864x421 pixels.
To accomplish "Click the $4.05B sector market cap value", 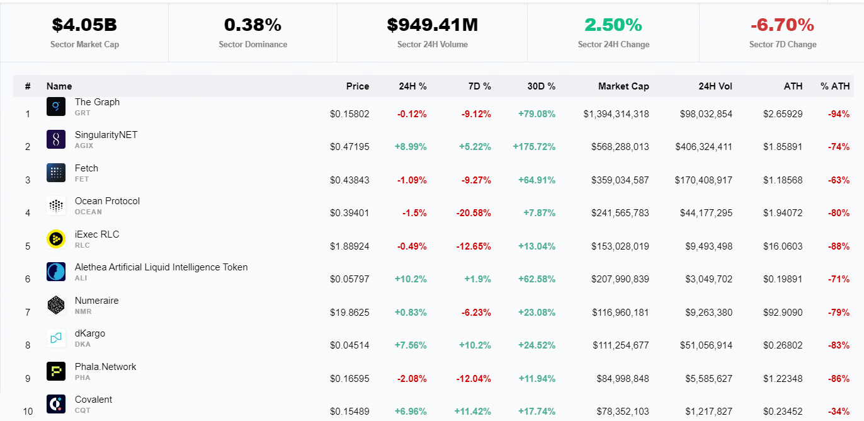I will (x=84, y=25).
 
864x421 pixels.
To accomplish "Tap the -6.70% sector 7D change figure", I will (x=782, y=25).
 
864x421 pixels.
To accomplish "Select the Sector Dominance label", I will (x=253, y=45).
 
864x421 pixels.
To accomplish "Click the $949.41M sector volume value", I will (x=432, y=25).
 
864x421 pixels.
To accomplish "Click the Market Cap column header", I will (x=623, y=86).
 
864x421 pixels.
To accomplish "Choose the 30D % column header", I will (x=541, y=86).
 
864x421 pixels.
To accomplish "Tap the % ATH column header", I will (x=834, y=86).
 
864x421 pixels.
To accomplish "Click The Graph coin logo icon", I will (x=56, y=107).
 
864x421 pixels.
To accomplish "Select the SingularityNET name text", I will (x=106, y=135).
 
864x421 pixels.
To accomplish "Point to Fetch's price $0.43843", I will (x=350, y=180).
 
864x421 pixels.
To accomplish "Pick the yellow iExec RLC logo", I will (x=56, y=239).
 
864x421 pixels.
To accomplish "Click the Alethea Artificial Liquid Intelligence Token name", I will (x=161, y=267).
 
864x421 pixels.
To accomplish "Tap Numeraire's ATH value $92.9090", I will (x=783, y=313).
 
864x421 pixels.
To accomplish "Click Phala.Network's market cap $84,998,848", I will (x=622, y=379).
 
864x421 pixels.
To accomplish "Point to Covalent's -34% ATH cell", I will (x=838, y=412).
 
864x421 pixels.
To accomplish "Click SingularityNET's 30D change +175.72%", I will (x=534, y=147).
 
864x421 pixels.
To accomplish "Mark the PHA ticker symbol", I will (x=82, y=378).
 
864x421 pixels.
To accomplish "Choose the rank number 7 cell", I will (x=28, y=313).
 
